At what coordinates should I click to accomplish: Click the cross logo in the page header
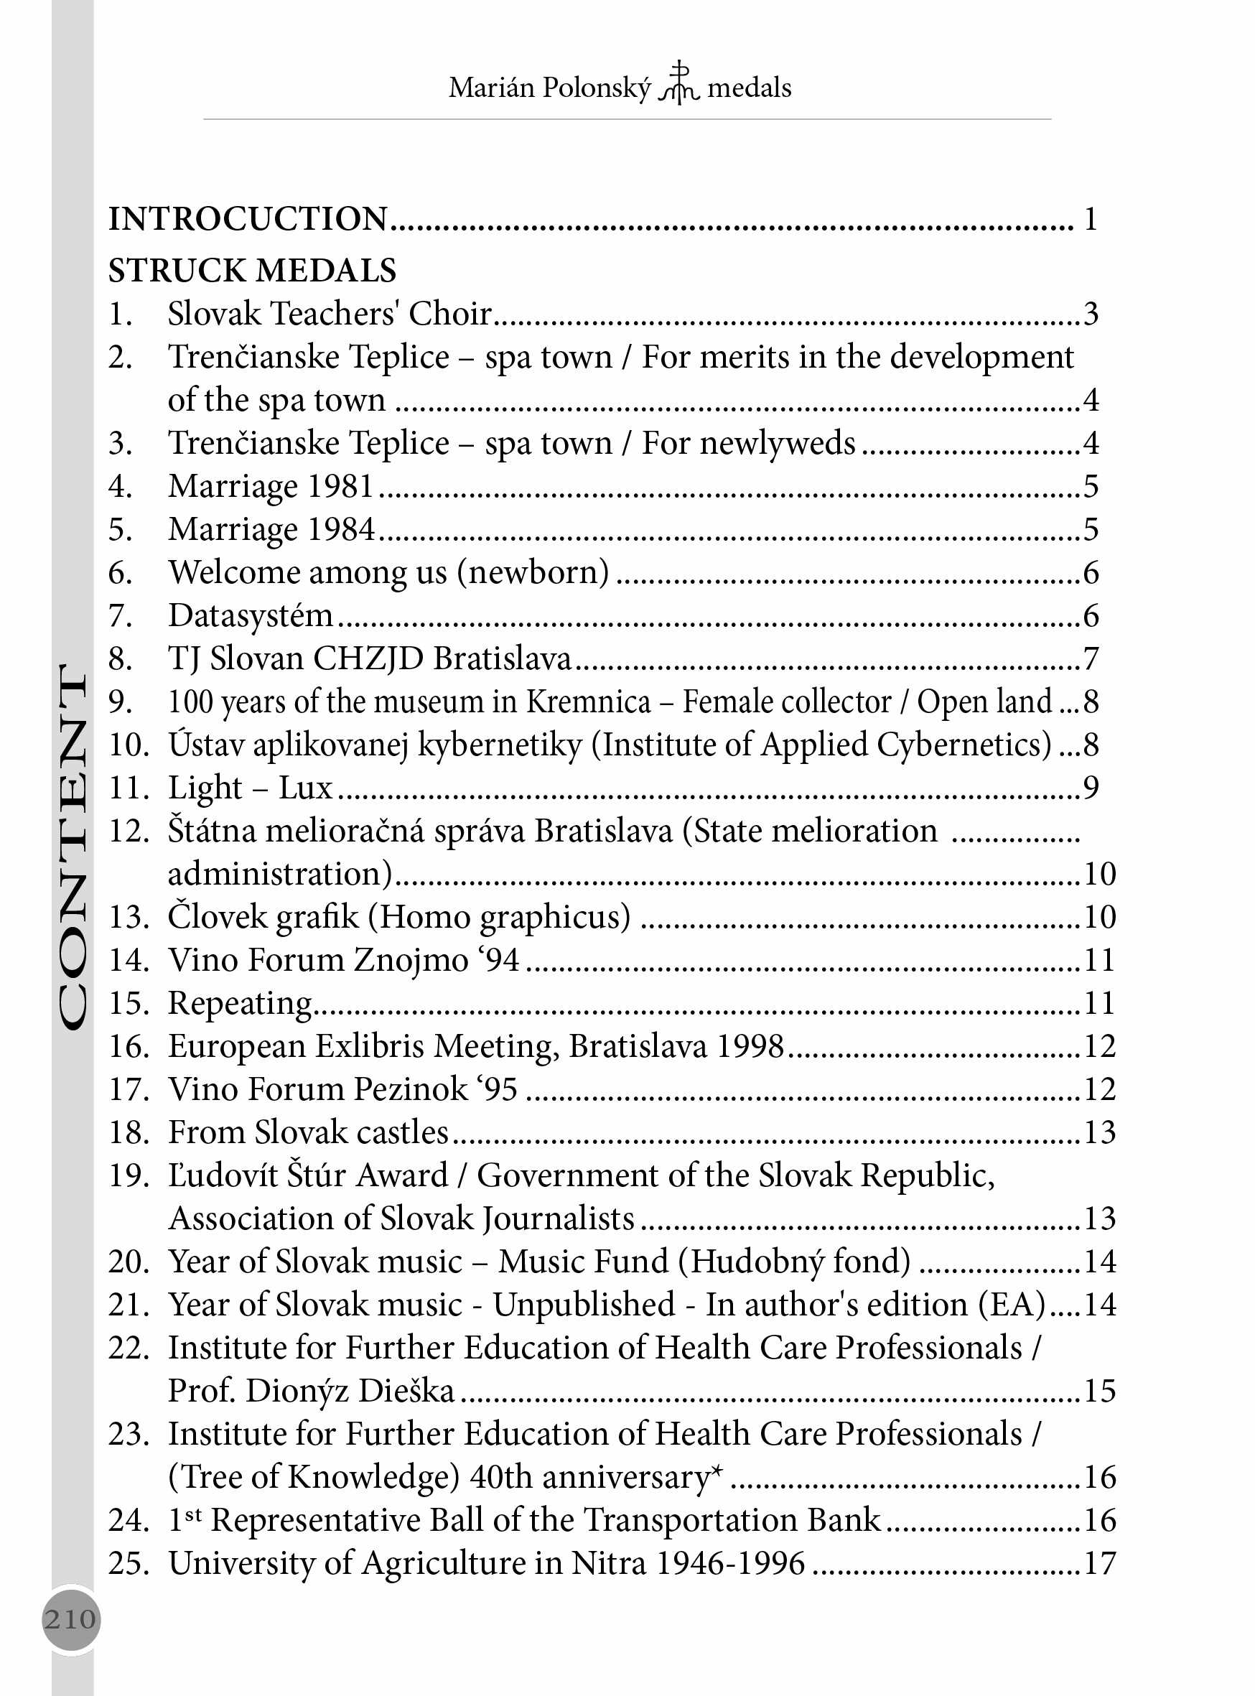(679, 83)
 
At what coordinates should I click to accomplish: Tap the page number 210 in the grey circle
(70, 1619)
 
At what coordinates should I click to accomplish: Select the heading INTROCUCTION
(248, 219)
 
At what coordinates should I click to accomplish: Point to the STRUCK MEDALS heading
(252, 271)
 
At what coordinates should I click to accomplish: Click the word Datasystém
(251, 615)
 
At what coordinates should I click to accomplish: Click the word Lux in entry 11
(305, 788)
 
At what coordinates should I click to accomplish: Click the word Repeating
(240, 1004)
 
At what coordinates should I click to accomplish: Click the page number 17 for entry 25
(1099, 1564)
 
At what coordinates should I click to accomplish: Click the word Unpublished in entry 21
(584, 1305)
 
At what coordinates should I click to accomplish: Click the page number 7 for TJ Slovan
(1091, 658)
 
